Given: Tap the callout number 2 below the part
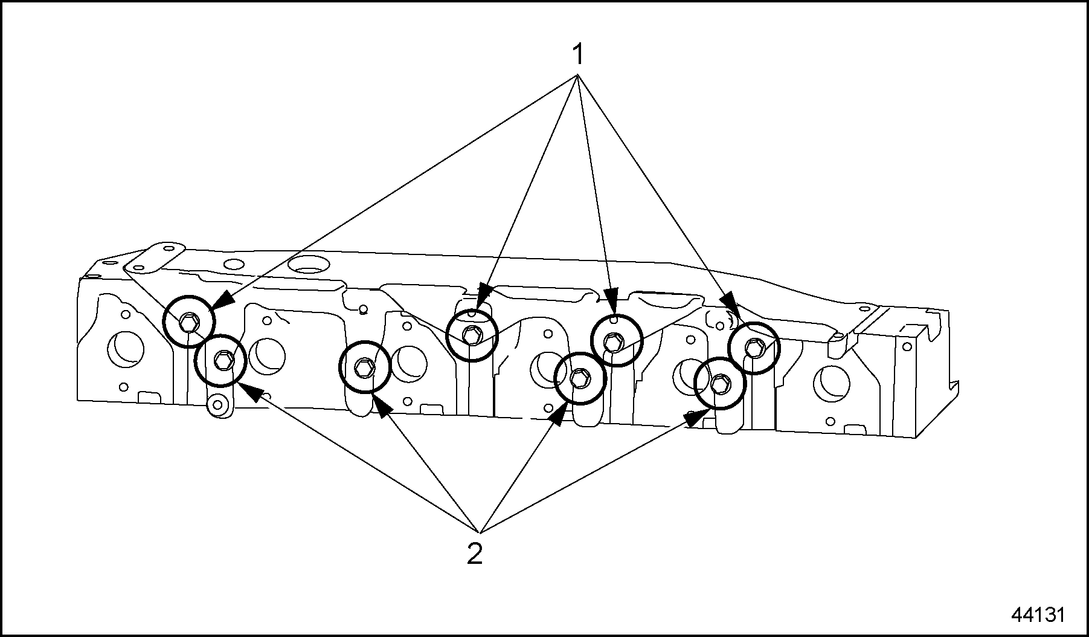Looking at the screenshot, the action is [x=475, y=554].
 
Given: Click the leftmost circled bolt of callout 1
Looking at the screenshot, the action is [x=190, y=322].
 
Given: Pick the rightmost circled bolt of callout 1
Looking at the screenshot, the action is [x=754, y=348].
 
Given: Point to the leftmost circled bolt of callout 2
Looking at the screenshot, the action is [x=220, y=360].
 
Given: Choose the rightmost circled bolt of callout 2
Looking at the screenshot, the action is [x=720, y=383].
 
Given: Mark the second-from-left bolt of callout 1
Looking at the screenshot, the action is [x=472, y=334].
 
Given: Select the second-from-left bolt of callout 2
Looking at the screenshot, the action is [x=365, y=367].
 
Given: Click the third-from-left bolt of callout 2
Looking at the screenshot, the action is [x=579, y=378].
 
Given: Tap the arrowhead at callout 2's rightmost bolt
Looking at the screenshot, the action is [x=695, y=417].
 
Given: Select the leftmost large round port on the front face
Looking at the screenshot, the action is [x=125, y=349].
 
